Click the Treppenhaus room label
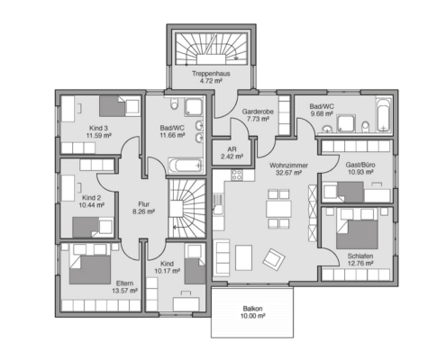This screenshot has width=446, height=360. tap(211, 74)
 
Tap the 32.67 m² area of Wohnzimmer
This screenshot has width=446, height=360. tap(288, 173)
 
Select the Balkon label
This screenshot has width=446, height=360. tap(252, 309)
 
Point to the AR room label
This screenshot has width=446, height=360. tap(232, 149)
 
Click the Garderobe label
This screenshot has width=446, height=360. tap(258, 112)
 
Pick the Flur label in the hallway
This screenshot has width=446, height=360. tap(144, 204)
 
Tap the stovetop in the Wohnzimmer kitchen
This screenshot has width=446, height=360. tap(237, 175)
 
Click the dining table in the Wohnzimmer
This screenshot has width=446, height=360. tap(278, 209)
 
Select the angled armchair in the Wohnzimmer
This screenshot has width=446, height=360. tap(274, 258)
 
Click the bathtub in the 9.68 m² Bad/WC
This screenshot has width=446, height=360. tap(384, 114)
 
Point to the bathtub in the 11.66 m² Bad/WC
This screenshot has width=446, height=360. tap(185, 166)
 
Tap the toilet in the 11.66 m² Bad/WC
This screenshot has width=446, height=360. tap(174, 103)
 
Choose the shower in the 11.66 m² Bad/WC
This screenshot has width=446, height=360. tap(194, 106)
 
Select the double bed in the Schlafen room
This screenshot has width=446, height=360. tap(357, 229)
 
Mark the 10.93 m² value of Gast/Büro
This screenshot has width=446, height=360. tap(360, 172)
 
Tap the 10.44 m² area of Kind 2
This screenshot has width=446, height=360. tap(92, 205)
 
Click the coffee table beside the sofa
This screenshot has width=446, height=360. tap(243, 257)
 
